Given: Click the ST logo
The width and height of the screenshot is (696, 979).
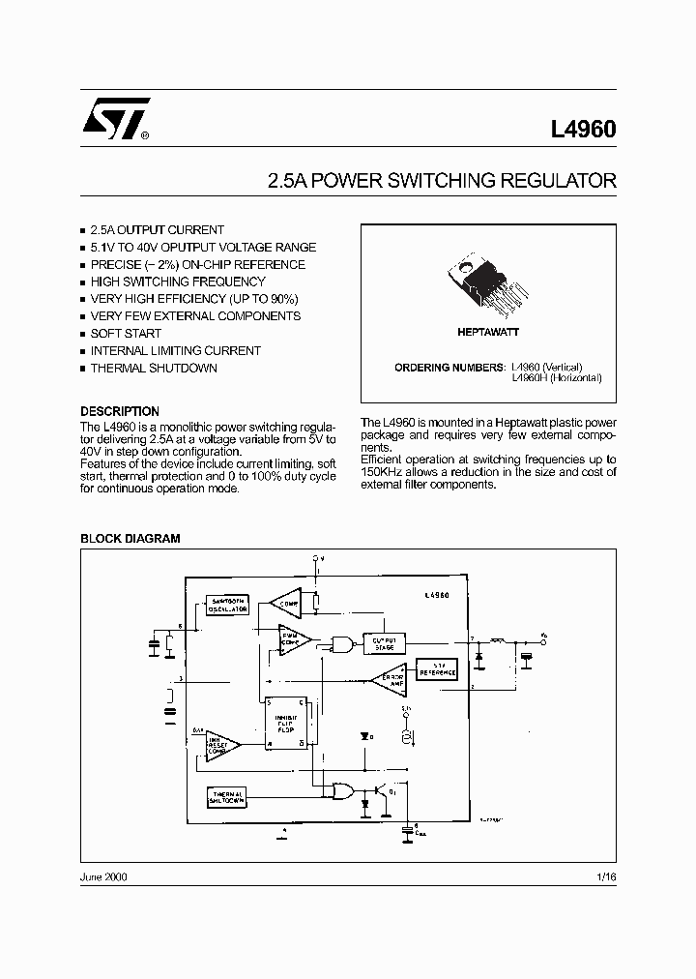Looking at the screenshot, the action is [115, 121].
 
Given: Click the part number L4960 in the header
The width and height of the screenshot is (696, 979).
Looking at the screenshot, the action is [583, 130].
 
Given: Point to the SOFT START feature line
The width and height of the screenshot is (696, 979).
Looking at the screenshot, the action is [126, 334].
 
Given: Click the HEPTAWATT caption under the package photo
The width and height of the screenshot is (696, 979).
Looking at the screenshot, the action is [488, 332].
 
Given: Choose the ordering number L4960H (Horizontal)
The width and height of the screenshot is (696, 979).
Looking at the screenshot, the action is [556, 378].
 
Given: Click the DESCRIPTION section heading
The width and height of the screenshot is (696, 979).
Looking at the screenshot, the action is [120, 411].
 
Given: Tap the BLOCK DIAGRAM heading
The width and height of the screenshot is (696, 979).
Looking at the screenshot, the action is [130, 539].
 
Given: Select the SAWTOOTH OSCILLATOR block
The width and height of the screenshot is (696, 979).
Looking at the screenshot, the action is [228, 606].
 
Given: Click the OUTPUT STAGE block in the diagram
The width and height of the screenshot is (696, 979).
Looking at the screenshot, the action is [383, 643].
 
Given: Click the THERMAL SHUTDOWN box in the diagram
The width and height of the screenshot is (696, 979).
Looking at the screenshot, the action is [227, 797].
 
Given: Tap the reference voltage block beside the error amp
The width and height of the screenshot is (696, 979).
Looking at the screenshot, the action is [437, 669].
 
